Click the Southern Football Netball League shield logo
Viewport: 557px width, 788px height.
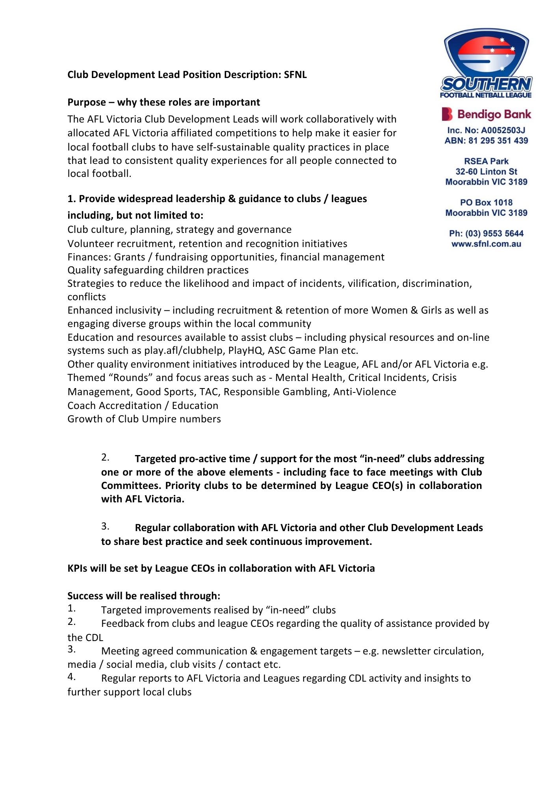click(486, 63)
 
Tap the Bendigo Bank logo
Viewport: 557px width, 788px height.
click(486, 114)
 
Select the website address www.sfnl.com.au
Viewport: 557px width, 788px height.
click(486, 244)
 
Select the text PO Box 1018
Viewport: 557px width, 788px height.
click(486, 203)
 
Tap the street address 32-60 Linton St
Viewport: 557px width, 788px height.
click(486, 172)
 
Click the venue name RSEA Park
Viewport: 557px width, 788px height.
click(486, 161)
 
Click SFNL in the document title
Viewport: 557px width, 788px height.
click(295, 75)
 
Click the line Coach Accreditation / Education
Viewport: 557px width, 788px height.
click(143, 405)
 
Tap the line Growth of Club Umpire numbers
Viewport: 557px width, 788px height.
click(144, 419)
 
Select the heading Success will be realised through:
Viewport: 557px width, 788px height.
click(144, 596)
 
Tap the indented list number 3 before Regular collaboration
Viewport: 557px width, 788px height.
click(105, 526)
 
